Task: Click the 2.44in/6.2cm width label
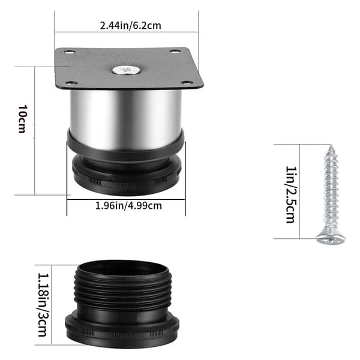pyautogui.click(x=130, y=25)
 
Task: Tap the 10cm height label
pyautogui.click(x=23, y=119)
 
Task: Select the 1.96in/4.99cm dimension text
pyautogui.click(x=128, y=206)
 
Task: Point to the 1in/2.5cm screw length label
pyautogui.click(x=291, y=194)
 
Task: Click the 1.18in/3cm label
pyautogui.click(x=43, y=305)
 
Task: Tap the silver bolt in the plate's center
pyautogui.click(x=126, y=70)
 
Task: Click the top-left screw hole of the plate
pyautogui.click(x=70, y=52)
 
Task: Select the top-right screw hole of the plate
pyautogui.click(x=175, y=51)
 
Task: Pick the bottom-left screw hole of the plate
pyautogui.click(x=71, y=83)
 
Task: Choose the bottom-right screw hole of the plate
pyautogui.click(x=187, y=83)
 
